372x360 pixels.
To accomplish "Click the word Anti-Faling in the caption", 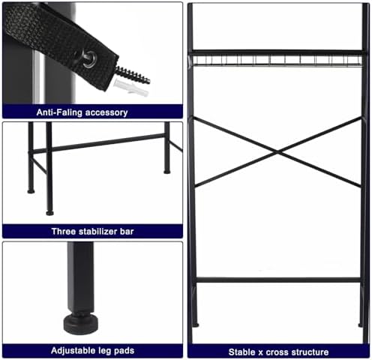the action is click(59, 112).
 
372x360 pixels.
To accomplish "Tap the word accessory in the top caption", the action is click(106, 112).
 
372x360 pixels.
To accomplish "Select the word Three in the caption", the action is click(64, 231).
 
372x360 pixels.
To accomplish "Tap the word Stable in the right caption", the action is click(242, 352).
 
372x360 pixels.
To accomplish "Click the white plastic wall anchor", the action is click(130, 88).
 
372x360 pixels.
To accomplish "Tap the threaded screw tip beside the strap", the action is click(133, 74).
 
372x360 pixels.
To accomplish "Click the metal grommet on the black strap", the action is click(89, 59).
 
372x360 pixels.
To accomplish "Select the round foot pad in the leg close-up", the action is click(80, 324).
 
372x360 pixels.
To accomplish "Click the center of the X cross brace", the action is click(277, 152).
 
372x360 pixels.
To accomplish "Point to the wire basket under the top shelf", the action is click(277, 61).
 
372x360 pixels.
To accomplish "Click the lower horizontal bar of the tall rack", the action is click(278, 280).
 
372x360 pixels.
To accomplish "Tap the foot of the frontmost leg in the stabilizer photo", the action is click(49, 213).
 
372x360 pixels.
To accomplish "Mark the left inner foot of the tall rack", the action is click(196, 325).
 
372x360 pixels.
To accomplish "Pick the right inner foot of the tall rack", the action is click(360, 325).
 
